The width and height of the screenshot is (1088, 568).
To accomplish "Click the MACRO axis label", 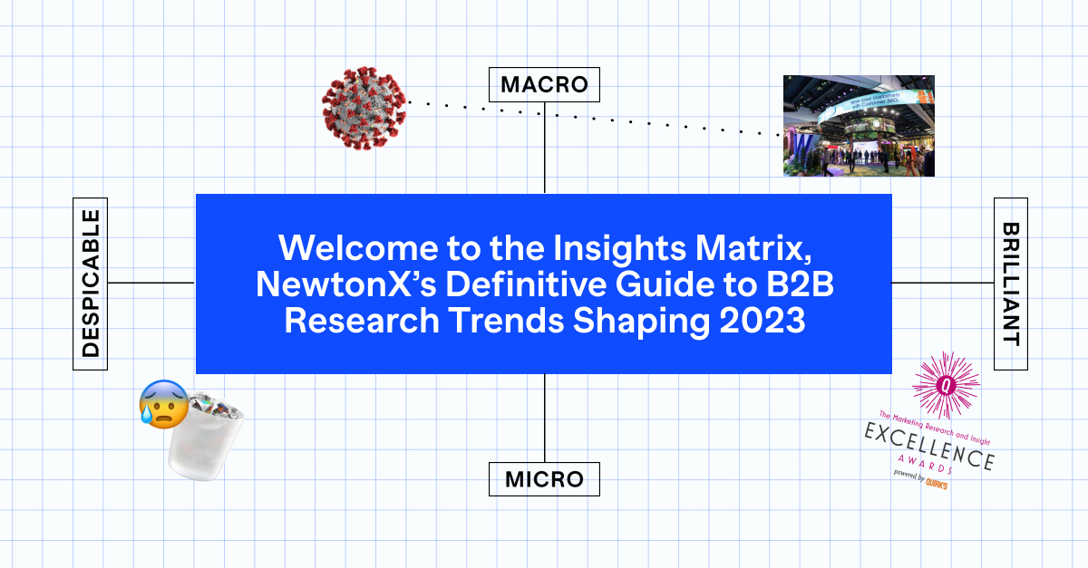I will tap(544, 85).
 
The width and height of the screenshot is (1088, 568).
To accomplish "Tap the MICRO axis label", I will tap(544, 478).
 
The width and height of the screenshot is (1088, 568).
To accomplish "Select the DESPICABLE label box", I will tap(90, 284).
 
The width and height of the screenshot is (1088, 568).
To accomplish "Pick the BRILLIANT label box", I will tap(1011, 284).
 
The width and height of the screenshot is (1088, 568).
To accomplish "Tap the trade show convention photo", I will tap(858, 126).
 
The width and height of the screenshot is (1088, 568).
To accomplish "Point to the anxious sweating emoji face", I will tap(163, 404).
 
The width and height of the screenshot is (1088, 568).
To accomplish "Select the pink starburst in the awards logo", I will tap(946, 385).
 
